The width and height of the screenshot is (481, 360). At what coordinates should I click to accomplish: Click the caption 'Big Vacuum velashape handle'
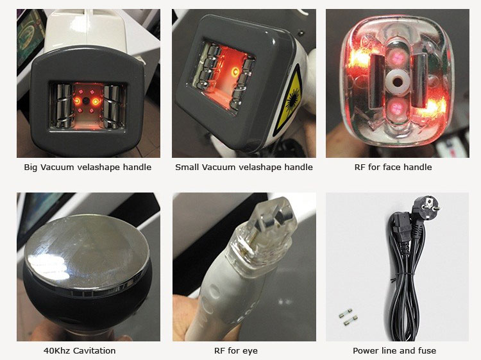click(88, 167)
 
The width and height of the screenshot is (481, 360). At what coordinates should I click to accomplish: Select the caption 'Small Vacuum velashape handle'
click(244, 167)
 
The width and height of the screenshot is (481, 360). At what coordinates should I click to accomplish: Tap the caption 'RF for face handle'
click(393, 167)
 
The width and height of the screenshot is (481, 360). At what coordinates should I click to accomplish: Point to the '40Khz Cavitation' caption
click(80, 350)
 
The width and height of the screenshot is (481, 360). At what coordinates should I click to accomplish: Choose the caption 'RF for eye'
click(236, 351)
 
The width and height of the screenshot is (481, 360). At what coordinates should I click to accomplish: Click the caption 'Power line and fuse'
click(394, 351)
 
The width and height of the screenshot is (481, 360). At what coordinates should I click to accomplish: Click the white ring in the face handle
click(398, 82)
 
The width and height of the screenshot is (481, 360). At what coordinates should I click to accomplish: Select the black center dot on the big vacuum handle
click(87, 101)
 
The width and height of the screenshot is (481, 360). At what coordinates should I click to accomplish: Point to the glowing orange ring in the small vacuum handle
click(235, 71)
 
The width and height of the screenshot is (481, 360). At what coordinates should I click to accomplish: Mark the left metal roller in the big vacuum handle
click(63, 106)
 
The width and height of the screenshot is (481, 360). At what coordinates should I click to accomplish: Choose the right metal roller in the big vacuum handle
click(112, 106)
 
